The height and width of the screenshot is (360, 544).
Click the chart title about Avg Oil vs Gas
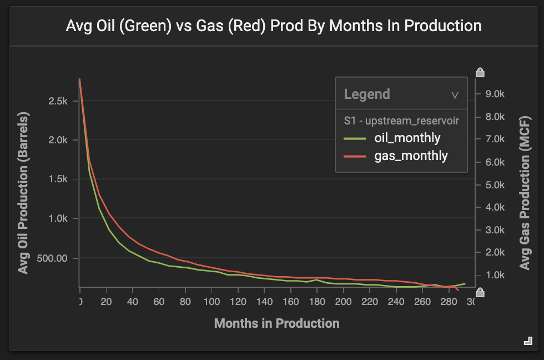[x=273, y=26]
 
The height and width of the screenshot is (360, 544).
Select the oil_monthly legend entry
[x=392, y=138]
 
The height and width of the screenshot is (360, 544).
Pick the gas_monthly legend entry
[x=395, y=156]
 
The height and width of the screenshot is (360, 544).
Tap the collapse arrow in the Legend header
[x=455, y=95]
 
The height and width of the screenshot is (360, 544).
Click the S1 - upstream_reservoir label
[x=401, y=121]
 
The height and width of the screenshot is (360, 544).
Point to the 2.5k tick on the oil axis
[x=58, y=101]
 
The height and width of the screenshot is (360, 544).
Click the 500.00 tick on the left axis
[x=52, y=258]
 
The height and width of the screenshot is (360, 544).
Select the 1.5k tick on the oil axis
[x=58, y=179]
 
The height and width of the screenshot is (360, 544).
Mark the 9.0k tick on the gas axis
[x=495, y=94]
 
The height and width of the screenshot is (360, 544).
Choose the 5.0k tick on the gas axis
[x=495, y=184]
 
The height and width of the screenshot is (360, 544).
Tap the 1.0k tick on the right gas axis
[x=495, y=275]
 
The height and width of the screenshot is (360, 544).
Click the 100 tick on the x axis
[x=211, y=301]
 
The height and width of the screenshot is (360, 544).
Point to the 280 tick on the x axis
[x=449, y=301]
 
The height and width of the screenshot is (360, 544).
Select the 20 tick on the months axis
[x=106, y=301]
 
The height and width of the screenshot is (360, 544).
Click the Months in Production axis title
[x=277, y=323]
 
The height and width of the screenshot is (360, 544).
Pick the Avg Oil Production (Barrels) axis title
[x=23, y=193]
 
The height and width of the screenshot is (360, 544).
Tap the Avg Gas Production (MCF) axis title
[x=525, y=193]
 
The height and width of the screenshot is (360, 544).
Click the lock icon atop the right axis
[x=480, y=72]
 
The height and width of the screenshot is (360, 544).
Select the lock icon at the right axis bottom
[x=480, y=292]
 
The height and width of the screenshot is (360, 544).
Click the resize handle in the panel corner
[x=528, y=341]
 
